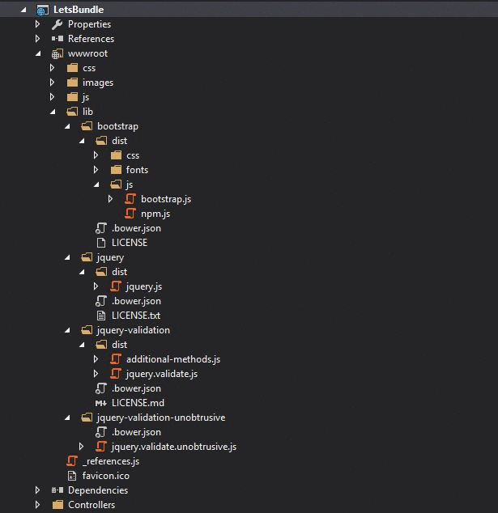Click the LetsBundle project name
[79, 10]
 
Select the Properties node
[89, 24]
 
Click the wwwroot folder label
[87, 53]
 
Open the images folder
[97, 83]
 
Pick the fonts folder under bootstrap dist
[137, 170]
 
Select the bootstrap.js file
[165, 199]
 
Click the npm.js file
[155, 214]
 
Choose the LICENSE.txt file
[135, 316]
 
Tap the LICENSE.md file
[137, 403]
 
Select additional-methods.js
[172, 359]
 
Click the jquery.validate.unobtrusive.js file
[173, 447]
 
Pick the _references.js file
[111, 461]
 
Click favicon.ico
[105, 476]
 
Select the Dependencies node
[97, 490]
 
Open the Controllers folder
[91, 505]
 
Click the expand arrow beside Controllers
[37, 505]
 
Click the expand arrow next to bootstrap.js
[110, 199]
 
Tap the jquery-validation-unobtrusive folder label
[160, 418]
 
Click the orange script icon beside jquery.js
[116, 286]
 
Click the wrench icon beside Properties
[57, 24]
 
